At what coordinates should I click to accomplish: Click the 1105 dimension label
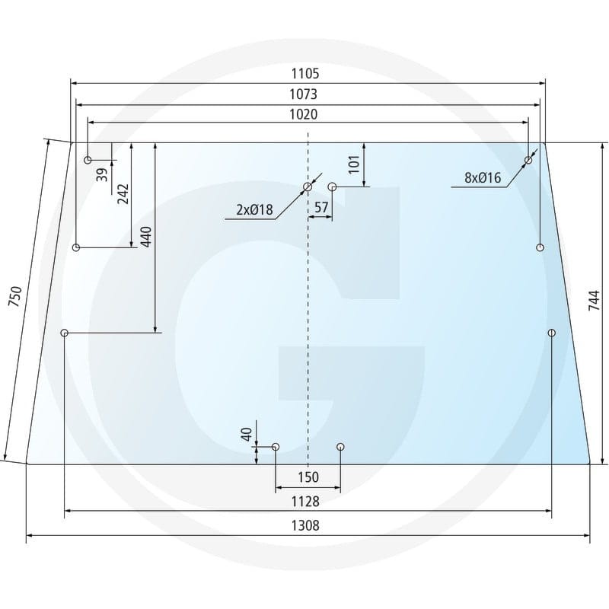(x=305, y=73)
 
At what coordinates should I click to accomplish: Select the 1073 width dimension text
(x=303, y=94)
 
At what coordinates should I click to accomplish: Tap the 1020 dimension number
(x=303, y=114)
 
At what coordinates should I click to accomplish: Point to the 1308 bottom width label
(x=305, y=525)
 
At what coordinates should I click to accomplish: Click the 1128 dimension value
(x=305, y=502)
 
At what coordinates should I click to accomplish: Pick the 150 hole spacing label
(x=308, y=477)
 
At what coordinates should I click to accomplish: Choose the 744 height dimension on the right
(x=595, y=300)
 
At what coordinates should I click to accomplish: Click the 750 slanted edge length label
(x=15, y=296)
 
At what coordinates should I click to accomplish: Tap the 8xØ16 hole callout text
(x=483, y=177)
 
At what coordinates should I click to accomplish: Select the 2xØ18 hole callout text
(x=254, y=210)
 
